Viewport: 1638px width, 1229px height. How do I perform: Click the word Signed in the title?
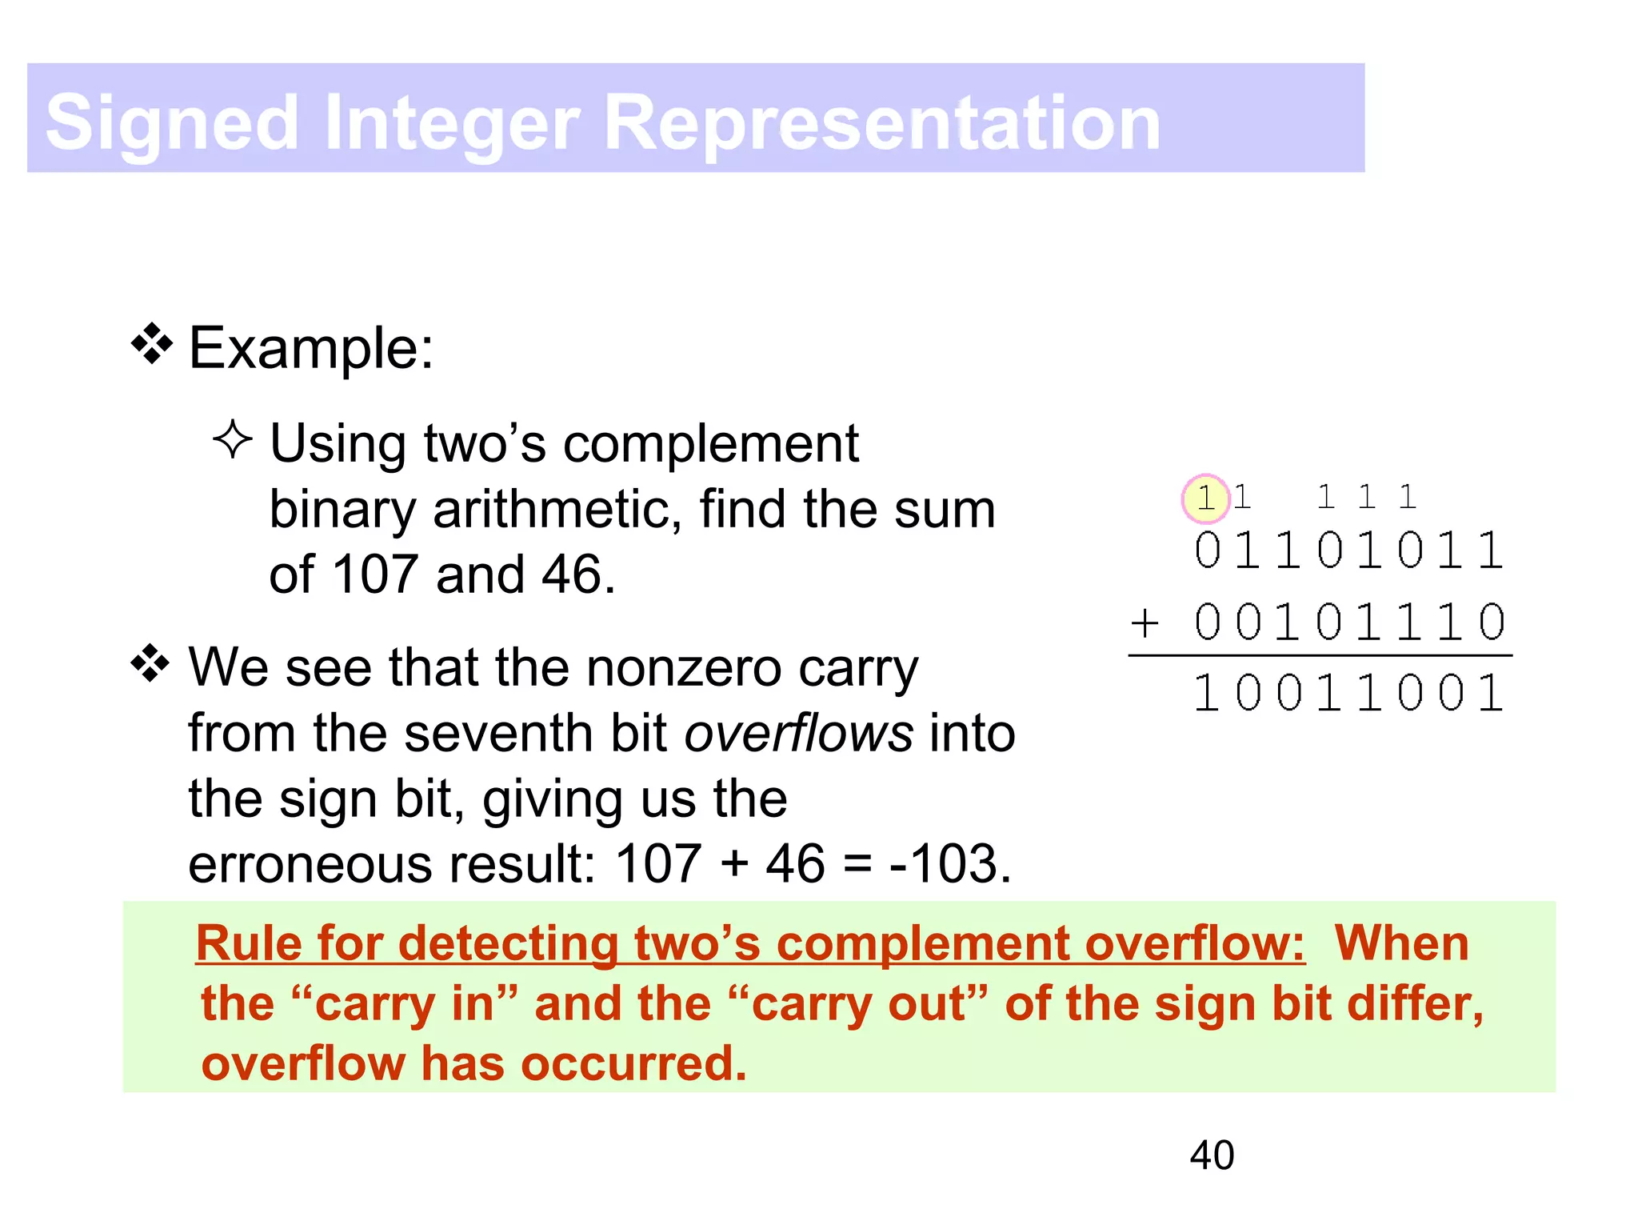point(171,123)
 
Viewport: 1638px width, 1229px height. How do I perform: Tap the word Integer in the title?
point(453,123)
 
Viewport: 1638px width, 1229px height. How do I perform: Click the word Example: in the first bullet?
point(311,349)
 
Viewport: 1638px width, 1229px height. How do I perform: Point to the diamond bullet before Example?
point(151,344)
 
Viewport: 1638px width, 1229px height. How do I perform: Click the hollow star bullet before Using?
point(233,439)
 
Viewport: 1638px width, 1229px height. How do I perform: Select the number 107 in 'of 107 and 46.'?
point(375,574)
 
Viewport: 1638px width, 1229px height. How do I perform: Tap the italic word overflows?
point(798,734)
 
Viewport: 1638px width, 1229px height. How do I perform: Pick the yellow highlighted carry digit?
point(1205,498)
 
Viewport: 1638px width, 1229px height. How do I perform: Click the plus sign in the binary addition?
point(1145,623)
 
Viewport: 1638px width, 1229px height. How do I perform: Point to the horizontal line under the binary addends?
point(1320,655)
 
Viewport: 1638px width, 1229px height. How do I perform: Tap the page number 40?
point(1212,1155)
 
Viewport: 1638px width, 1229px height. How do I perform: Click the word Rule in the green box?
point(249,943)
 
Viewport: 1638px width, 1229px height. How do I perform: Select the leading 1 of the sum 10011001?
point(1206,693)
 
